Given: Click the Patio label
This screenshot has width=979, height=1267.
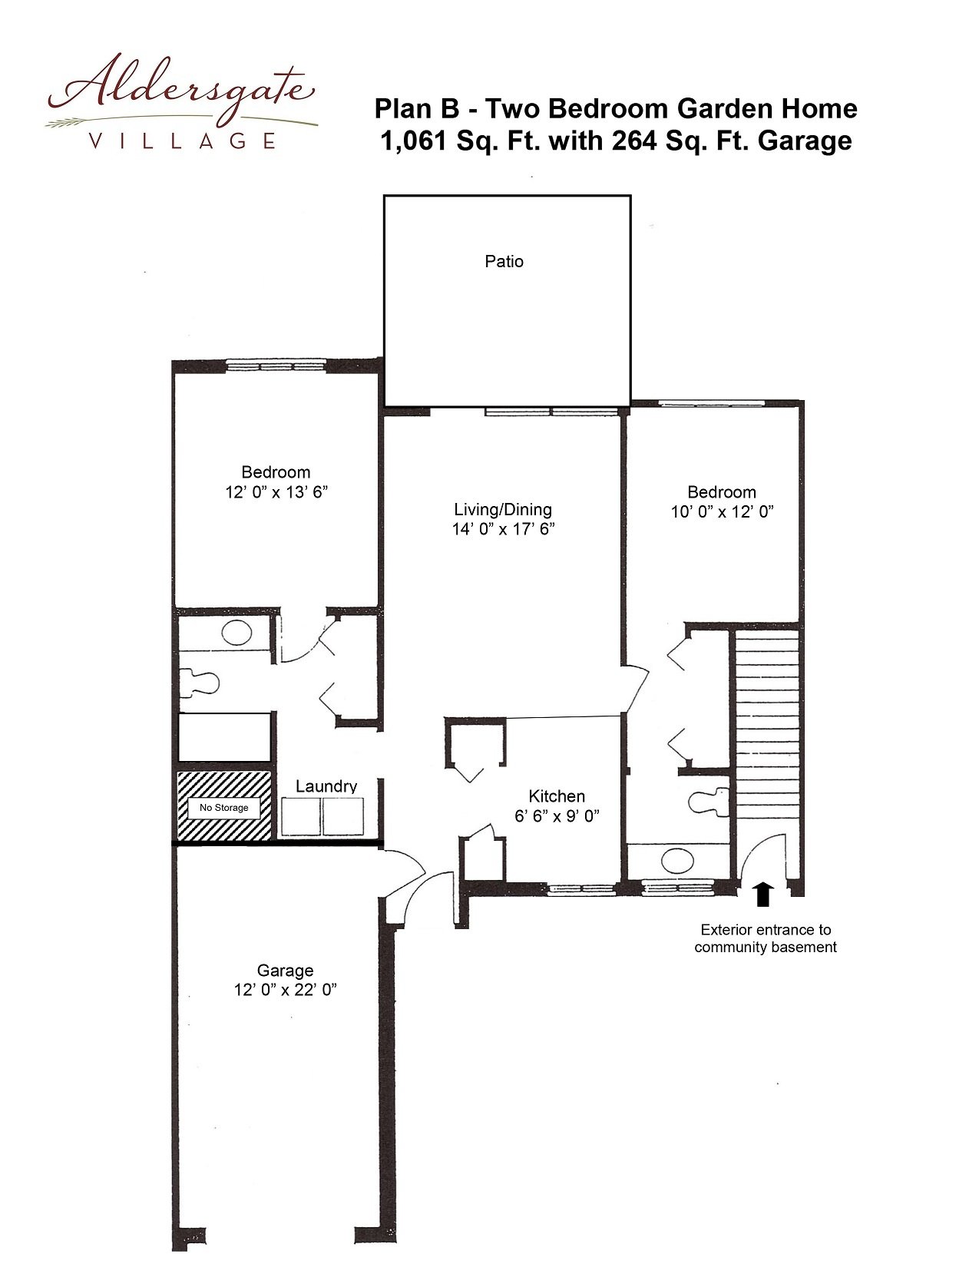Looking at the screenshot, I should coord(504,261).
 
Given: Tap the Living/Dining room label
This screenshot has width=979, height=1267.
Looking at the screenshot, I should coord(503,509).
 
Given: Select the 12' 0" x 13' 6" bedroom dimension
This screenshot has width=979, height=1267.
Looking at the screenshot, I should coord(276,492).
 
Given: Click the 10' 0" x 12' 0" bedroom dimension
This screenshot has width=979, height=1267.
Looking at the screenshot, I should coord(722,512).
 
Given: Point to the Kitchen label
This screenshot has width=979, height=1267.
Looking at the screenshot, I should coord(557,796).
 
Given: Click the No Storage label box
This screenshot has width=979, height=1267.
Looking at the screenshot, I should coord(224,808).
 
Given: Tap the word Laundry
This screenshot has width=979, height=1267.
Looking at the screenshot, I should coord(326,786).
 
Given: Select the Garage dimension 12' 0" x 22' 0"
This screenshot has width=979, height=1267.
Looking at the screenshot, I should coord(286,991).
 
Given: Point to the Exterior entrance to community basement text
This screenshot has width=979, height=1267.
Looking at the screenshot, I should coord(766,938).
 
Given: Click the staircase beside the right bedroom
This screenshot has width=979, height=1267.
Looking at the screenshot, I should coord(768,737).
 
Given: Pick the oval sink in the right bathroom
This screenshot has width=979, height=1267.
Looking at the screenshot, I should coord(677,860).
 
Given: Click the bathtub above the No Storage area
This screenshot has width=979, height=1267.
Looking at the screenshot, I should coord(224,737).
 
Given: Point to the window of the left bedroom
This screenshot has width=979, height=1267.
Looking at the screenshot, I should coord(276,366).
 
